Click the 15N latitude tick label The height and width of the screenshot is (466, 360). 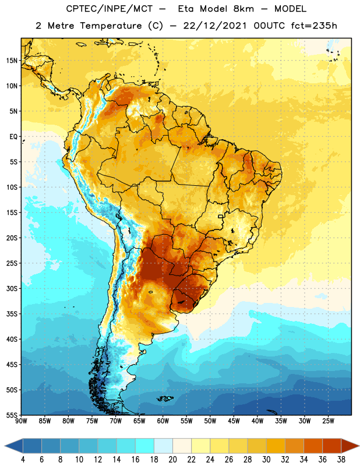(12, 61)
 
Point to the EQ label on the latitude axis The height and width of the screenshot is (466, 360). (13, 137)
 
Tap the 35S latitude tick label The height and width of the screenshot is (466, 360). (12, 314)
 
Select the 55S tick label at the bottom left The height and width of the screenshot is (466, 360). (12, 415)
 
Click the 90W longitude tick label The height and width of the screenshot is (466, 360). (21, 421)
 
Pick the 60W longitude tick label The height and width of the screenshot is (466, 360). (163, 421)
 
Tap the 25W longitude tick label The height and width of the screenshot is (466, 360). (328, 421)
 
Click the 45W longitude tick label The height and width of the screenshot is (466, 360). (234, 421)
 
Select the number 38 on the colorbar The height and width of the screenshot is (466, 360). (341, 460)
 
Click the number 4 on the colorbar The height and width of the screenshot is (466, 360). (23, 460)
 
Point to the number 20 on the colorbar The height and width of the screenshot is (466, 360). (172, 460)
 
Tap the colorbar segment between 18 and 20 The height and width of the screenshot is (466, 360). (164, 446)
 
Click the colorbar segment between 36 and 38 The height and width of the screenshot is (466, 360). (332, 446)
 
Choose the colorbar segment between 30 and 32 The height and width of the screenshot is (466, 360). (276, 446)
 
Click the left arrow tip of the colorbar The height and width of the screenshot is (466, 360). (5, 446)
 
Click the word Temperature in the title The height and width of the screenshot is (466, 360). (111, 26)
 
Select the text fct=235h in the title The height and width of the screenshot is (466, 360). (314, 26)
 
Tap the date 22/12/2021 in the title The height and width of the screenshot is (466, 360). (215, 26)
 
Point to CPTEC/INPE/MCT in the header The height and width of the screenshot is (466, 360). (110, 9)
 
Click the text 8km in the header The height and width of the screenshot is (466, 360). (243, 9)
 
